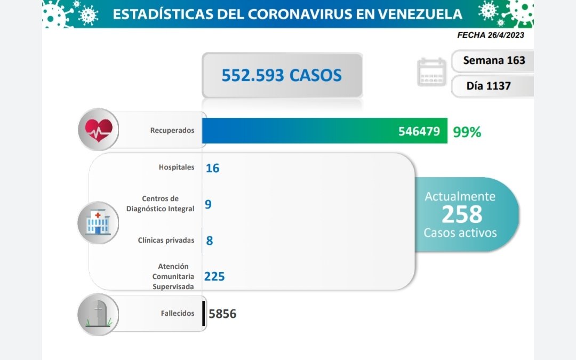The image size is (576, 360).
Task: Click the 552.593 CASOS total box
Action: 282,75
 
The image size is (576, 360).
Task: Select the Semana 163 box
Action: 493,60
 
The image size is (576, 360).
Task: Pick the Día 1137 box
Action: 493,85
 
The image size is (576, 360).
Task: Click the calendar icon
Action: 431,72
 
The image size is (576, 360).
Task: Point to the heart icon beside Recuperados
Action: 99,130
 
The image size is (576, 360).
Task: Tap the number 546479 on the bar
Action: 419,131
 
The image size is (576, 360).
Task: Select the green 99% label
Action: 467,132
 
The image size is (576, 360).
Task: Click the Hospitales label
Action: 177,167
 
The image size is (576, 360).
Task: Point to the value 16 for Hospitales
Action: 212,168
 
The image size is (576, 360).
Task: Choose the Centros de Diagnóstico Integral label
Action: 161,204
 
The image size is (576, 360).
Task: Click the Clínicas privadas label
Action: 166,240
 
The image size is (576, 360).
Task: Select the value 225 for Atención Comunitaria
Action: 214,276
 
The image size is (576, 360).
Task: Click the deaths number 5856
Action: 223,314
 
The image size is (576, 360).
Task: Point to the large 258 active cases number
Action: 461,214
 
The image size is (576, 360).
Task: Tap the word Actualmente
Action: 460,196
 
